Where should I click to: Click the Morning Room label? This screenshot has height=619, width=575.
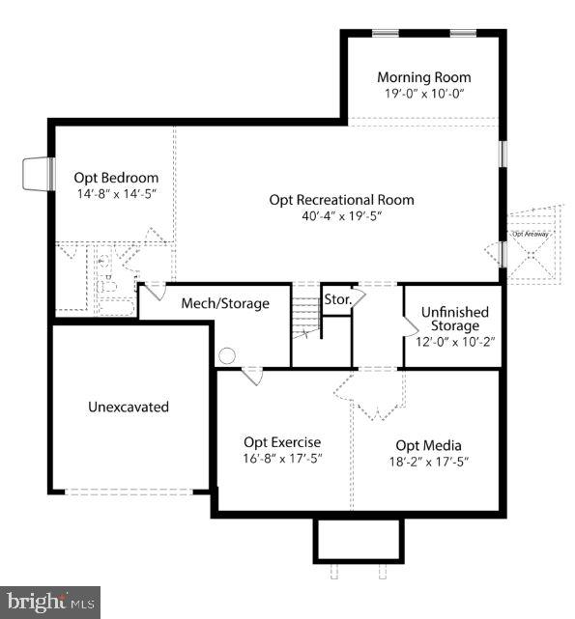[423, 77]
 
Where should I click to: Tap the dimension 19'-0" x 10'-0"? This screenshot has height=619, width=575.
[423, 94]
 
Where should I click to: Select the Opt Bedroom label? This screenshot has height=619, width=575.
[116, 178]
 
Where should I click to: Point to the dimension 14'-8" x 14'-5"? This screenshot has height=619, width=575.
[116, 194]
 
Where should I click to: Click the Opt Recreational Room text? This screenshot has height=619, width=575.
[341, 200]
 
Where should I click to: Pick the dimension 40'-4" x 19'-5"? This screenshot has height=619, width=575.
[341, 216]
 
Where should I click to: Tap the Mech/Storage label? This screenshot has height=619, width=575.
[225, 304]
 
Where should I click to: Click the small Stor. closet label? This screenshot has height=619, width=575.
[337, 298]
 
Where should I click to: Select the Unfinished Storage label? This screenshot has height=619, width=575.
[454, 320]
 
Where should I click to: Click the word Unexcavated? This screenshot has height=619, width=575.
[129, 407]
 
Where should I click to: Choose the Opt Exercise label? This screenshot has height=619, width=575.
[282, 442]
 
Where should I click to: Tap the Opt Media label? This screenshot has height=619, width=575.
[428, 445]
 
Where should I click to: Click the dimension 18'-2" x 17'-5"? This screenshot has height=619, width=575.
[428, 462]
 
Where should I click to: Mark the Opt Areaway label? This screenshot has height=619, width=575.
[531, 234]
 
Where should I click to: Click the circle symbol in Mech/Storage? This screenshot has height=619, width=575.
[227, 356]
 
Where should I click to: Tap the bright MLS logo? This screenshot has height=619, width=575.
[50, 602]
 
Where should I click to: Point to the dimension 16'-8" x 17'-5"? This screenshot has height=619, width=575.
[282, 459]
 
